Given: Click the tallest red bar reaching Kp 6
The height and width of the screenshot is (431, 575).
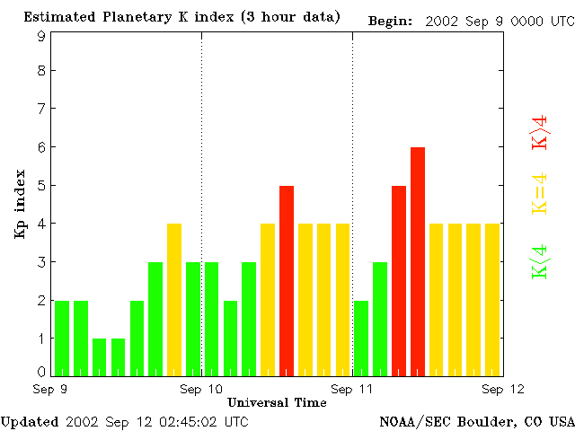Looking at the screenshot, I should point(418,260).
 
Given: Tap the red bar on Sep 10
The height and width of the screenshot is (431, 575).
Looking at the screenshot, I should point(287,279).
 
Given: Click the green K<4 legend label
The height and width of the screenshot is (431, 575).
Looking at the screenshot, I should point(540,262).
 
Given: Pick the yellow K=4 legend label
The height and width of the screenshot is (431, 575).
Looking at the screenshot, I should point(540,193).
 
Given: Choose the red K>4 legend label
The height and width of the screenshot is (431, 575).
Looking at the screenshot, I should point(540,131).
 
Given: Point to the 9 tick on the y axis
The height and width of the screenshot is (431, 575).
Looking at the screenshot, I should point(41,36).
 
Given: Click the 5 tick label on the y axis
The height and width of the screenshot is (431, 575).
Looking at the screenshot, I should point(41,186).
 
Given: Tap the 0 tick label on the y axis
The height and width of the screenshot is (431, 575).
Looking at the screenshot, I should point(41,371).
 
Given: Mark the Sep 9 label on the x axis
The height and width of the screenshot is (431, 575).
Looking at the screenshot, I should point(50,389).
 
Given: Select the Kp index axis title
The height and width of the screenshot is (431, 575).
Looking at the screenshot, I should point(19,204).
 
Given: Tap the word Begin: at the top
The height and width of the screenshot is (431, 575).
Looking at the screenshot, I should point(391,20).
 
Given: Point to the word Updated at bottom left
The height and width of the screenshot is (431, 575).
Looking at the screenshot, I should point(29,421).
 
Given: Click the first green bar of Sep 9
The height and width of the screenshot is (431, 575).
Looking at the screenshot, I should point(62,338).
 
